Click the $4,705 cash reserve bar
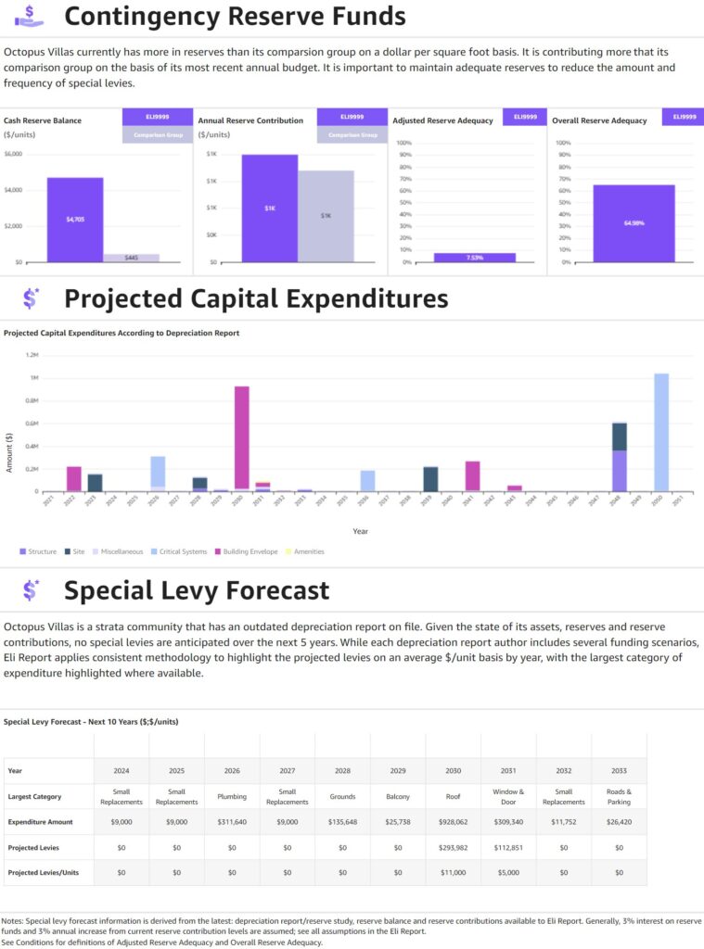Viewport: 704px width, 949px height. pyautogui.click(x=75, y=220)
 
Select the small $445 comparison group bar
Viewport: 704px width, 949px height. pyautogui.click(x=131, y=258)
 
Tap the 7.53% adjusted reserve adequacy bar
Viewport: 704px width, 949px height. pyautogui.click(x=474, y=258)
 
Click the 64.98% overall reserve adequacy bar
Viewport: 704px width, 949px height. pyautogui.click(x=634, y=223)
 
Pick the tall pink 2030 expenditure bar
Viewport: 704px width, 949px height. pyautogui.click(x=241, y=436)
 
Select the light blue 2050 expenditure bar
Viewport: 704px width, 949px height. pyautogui.click(x=661, y=432)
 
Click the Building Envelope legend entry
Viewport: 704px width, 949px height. pyautogui.click(x=246, y=551)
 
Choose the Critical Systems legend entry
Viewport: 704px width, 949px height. pyautogui.click(x=183, y=551)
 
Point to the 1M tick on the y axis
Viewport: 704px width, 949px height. pyautogui.click(x=33, y=378)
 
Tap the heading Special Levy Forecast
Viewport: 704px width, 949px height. pyautogui.click(x=197, y=590)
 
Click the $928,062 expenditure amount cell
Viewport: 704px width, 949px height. pyautogui.click(x=453, y=822)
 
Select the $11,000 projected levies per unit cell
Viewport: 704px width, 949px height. pyautogui.click(x=453, y=872)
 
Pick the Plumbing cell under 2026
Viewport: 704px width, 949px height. pyautogui.click(x=232, y=796)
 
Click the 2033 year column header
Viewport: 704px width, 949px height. pyautogui.click(x=619, y=771)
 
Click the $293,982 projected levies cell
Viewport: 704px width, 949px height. pyautogui.click(x=453, y=847)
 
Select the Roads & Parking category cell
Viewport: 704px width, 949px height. pyautogui.click(x=619, y=796)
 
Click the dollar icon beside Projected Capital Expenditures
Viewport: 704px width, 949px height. pyautogui.click(x=31, y=298)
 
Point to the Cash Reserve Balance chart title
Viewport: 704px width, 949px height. pyautogui.click(x=43, y=120)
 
